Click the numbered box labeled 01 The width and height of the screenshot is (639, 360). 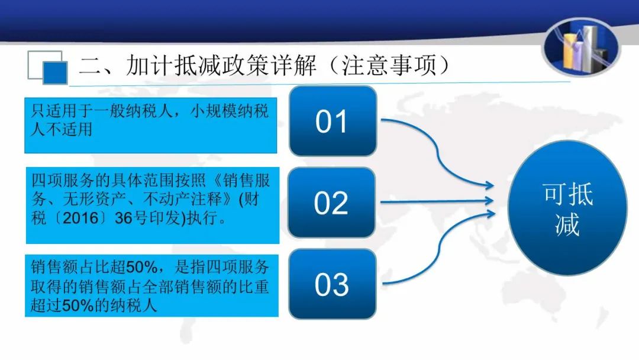tap(333, 121)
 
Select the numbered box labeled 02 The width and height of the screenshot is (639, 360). tap(331, 202)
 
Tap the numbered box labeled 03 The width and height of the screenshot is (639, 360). tap(332, 284)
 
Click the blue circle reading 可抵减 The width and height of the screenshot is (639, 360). tap(567, 208)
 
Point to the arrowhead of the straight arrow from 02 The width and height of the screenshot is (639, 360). tap(488, 200)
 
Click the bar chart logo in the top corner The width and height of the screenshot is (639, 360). tap(582, 47)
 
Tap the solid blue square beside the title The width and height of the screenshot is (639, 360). tap(55, 73)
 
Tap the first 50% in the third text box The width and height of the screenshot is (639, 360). tap(142, 267)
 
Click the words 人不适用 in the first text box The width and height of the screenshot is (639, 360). tap(62, 129)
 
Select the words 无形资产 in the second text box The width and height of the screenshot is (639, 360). tap(94, 199)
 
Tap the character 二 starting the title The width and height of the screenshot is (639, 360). tap(90, 66)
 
